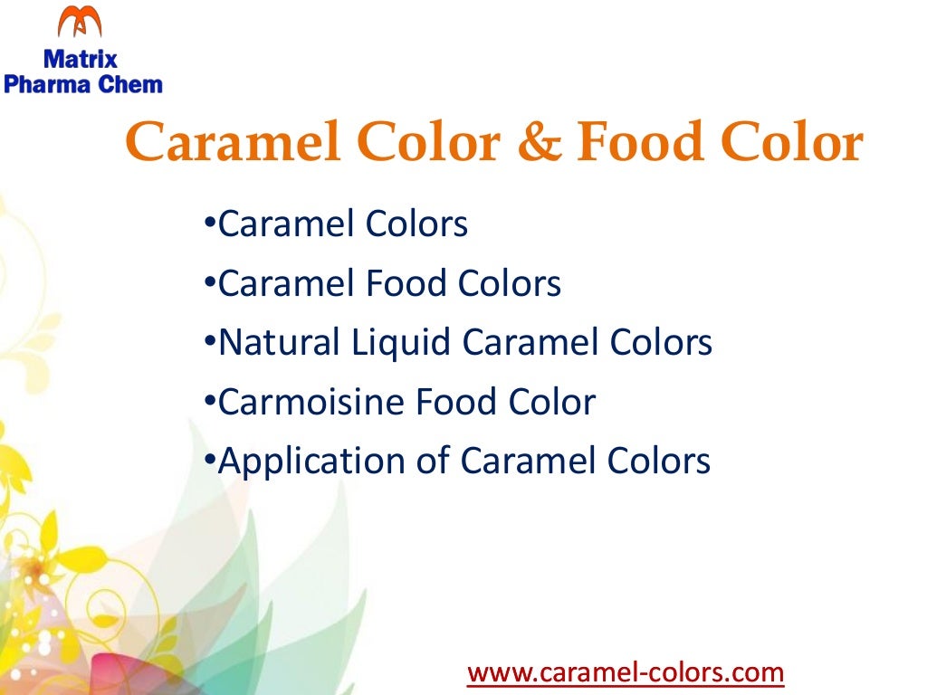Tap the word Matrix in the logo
pyautogui.click(x=81, y=61)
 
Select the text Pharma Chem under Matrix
pyautogui.click(x=83, y=85)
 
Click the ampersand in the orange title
pyautogui.click(x=540, y=144)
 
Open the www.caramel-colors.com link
pyautogui.click(x=625, y=672)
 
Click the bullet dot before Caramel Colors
pyautogui.click(x=209, y=222)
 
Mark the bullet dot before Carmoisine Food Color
pyautogui.click(x=209, y=400)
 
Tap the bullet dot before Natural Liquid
pyautogui.click(x=209, y=341)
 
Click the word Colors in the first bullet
pyautogui.click(x=416, y=224)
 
